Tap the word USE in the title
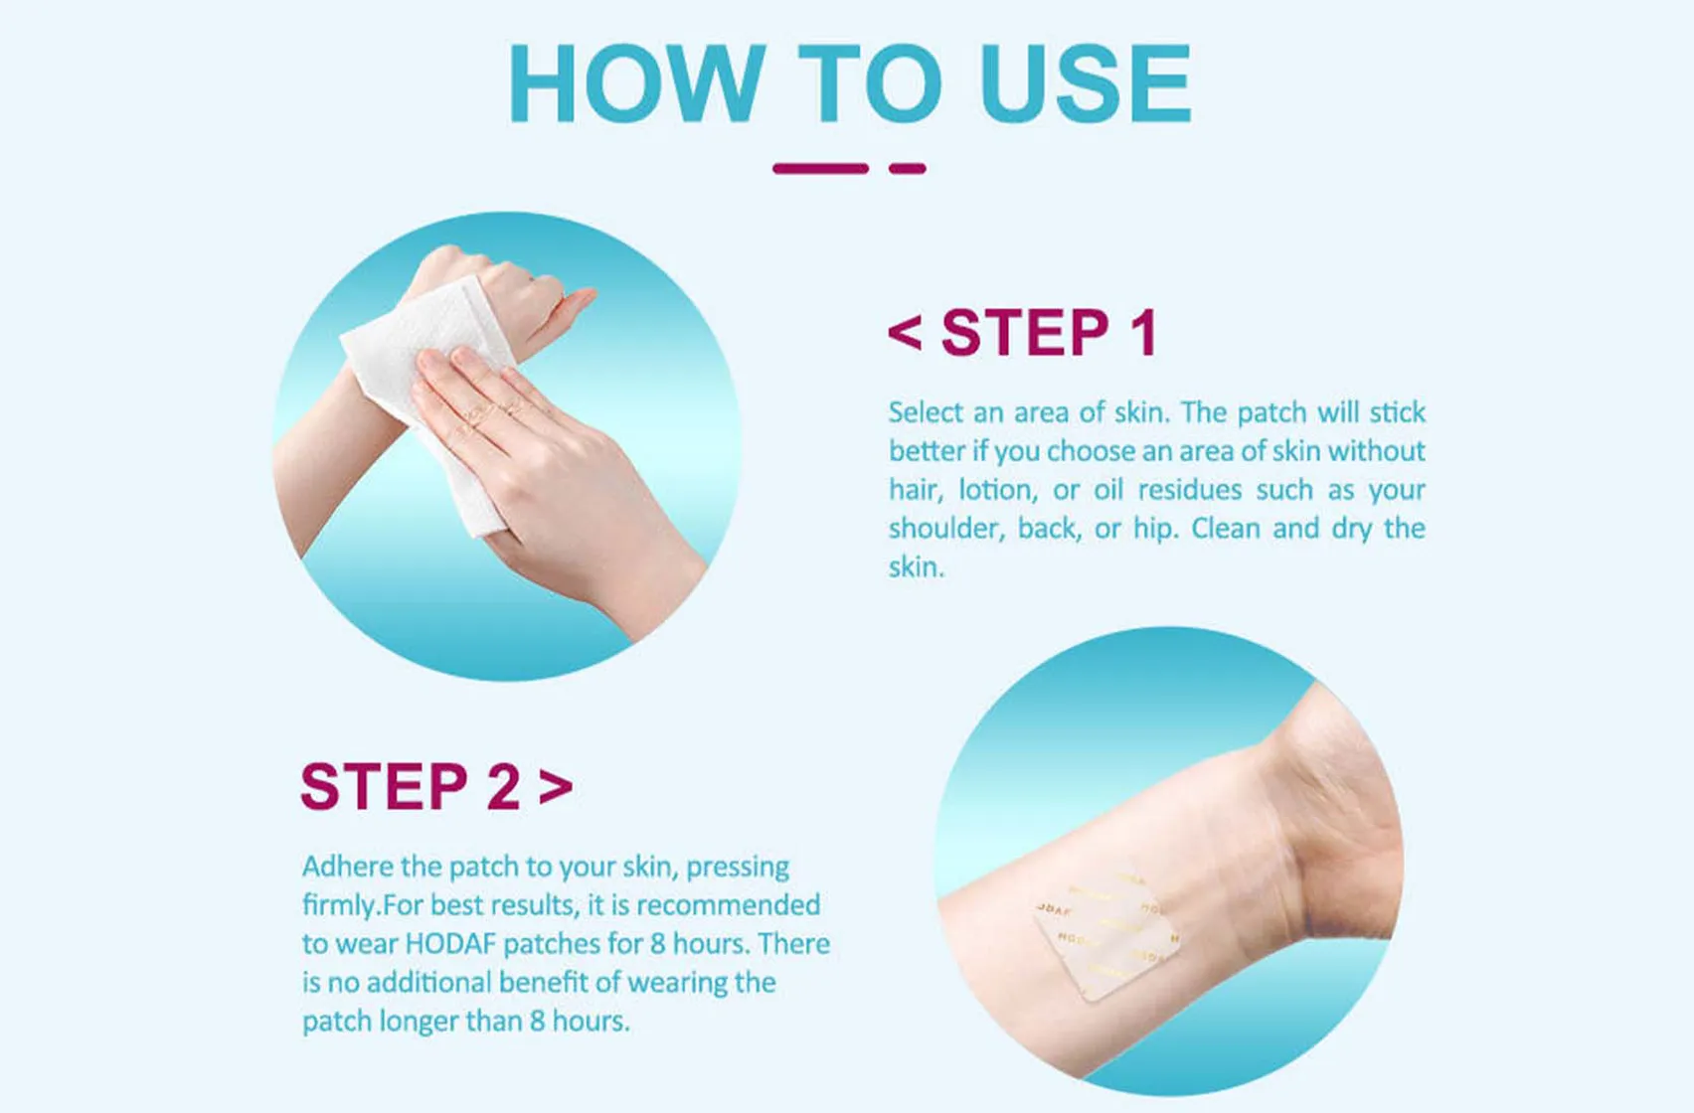[1085, 83]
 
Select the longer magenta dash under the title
[820, 169]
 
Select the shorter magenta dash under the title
[907, 169]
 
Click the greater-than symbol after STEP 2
[556, 787]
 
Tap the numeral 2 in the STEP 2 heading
[503, 787]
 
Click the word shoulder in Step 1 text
[944, 529]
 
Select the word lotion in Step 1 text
[997, 490]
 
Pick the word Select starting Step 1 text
[926, 412]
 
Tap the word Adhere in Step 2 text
[347, 867]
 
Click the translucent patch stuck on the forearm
[1105, 934]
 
